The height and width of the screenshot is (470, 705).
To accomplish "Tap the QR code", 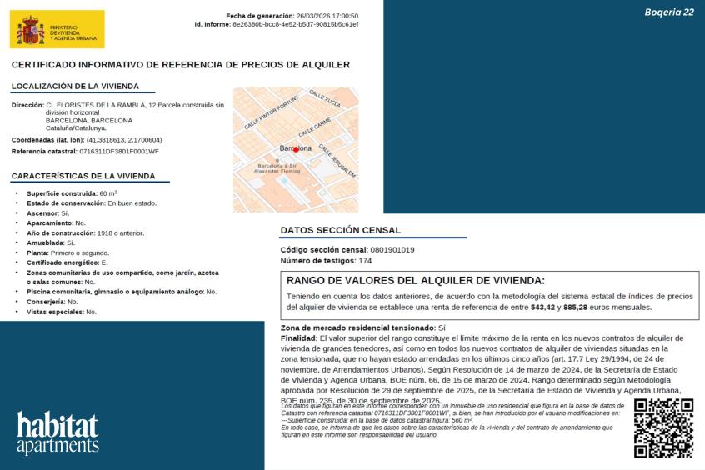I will [663, 427].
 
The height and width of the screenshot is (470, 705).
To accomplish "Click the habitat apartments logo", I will [57, 432].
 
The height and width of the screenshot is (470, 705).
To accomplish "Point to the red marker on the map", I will [296, 149].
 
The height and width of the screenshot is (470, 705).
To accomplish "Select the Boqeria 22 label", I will [669, 12].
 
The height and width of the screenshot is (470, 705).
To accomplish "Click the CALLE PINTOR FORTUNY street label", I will [271, 112].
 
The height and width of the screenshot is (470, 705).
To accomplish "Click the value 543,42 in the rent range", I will [543, 307].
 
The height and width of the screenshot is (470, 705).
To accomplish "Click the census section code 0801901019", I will [392, 249].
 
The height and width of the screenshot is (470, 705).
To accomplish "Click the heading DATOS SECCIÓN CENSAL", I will [340, 230].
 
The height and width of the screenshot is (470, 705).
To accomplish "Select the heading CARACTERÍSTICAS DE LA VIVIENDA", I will [83, 176].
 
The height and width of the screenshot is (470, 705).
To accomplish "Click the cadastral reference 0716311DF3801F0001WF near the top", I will [118, 151].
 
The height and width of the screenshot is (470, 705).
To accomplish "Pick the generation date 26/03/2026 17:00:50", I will [327, 16].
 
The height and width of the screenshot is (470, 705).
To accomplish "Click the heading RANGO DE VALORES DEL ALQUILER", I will [415, 280].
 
